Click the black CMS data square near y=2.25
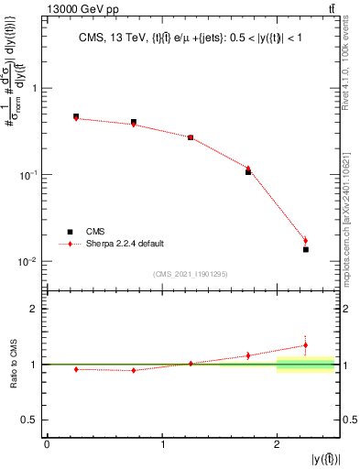[306, 249]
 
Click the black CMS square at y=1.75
[248, 171]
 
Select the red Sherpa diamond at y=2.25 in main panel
[306, 241]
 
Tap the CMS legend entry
[98, 232]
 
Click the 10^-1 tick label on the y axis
[29, 174]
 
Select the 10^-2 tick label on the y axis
[29, 261]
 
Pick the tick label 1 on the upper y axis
[35, 88]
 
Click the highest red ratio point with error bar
[306, 345]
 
